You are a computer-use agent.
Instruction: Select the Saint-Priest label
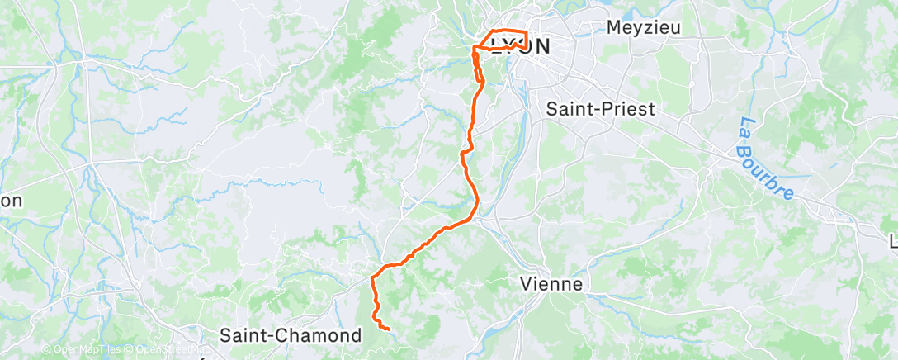(601, 108)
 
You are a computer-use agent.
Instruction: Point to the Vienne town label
(551, 284)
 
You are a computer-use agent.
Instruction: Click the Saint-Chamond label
(291, 336)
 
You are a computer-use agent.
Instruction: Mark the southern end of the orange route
(388, 329)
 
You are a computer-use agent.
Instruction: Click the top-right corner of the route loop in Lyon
(526, 32)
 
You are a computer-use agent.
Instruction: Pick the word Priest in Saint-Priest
(631, 108)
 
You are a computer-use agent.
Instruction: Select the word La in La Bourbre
(745, 130)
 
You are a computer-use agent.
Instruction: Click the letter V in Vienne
(527, 284)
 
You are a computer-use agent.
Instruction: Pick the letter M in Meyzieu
(615, 26)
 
